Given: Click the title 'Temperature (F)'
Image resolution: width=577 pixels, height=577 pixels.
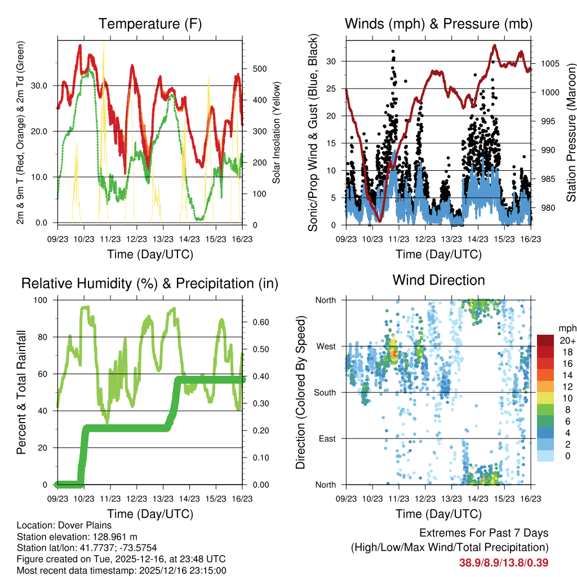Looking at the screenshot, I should coord(150,24).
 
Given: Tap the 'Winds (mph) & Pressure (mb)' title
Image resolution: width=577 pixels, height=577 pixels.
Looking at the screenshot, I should coord(438,24).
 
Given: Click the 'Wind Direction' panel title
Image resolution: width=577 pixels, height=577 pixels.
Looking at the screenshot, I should coord(438,280).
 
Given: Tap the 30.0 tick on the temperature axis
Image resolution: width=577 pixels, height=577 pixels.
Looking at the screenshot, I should coord(46,86).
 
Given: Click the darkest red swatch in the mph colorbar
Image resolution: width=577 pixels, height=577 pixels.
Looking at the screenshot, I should coord(545,340).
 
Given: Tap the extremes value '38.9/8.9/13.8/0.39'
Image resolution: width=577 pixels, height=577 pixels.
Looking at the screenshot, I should coord(504,562).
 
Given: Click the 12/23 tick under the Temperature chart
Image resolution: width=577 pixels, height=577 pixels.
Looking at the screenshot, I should coord(137,239).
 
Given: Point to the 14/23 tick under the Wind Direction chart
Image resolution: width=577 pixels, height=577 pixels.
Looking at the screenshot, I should coord(478,499).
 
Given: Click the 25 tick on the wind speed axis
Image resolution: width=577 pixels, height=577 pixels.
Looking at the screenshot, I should coord(332,88).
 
